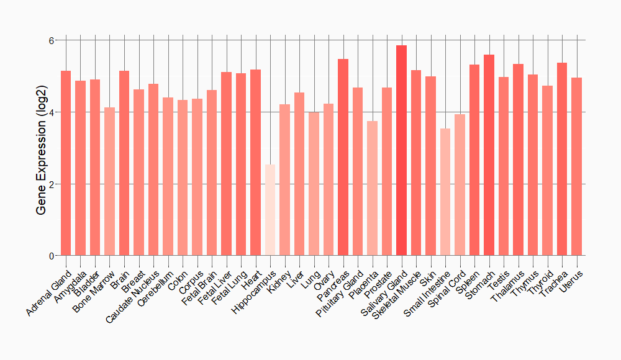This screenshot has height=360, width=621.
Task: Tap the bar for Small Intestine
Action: [445, 192]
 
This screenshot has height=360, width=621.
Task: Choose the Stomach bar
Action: [489, 155]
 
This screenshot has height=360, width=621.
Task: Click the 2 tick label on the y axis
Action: [52, 184]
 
